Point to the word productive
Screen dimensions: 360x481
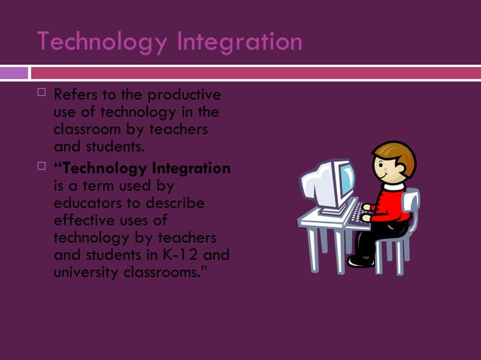coord(184,96)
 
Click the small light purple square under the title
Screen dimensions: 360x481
coord(14,73)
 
